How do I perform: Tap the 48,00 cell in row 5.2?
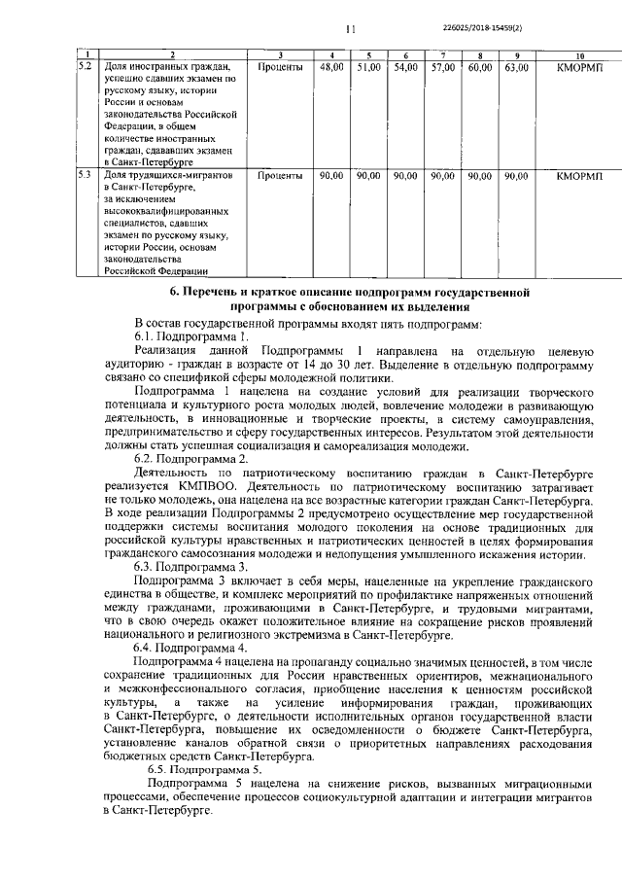click(x=332, y=68)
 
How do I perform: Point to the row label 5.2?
click(x=86, y=67)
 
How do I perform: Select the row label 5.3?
click(x=86, y=176)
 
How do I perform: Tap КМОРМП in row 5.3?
click(x=579, y=176)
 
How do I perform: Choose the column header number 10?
click(x=579, y=54)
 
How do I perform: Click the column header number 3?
click(x=280, y=54)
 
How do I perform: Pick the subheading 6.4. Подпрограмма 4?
click(x=193, y=647)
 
